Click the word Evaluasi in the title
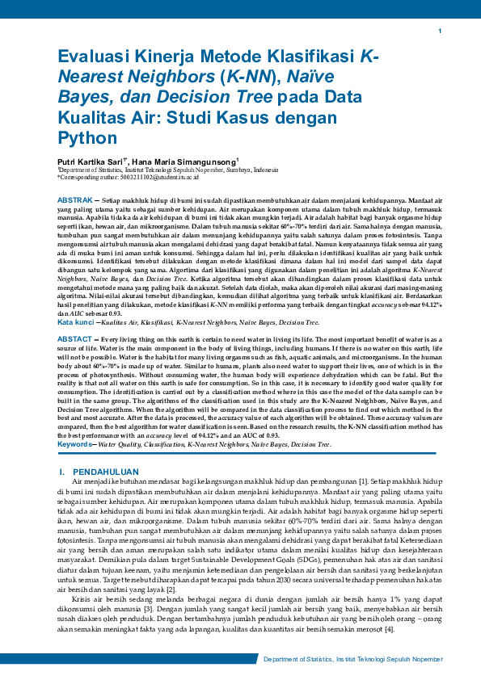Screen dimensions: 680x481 [91, 57]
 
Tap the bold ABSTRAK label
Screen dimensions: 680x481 [75, 199]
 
